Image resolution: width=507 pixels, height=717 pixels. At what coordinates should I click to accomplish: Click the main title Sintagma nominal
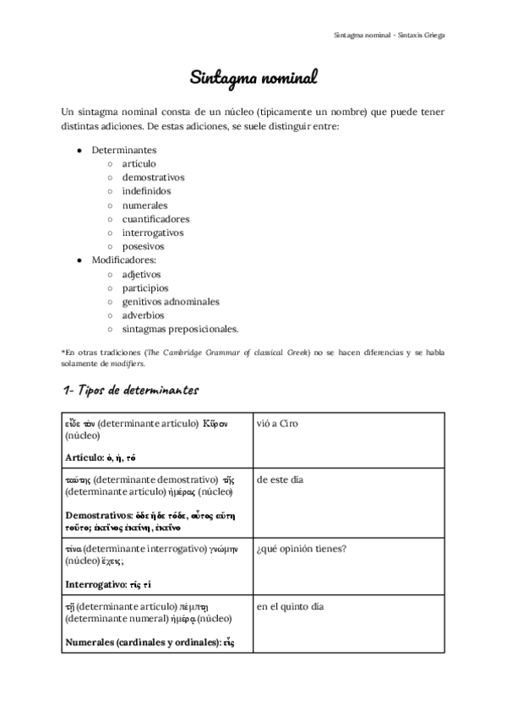tap(253, 79)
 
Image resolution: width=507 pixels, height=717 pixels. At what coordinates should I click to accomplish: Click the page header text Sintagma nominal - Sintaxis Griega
tap(390, 36)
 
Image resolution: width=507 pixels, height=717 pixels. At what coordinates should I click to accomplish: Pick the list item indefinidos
tap(145, 191)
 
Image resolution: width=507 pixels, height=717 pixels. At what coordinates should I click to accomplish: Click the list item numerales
tap(144, 205)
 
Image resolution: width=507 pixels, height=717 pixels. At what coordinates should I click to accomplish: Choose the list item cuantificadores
tap(155, 219)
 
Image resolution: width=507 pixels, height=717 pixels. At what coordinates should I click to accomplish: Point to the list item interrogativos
tap(152, 233)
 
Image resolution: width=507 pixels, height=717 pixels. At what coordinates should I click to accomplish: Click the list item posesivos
tap(142, 247)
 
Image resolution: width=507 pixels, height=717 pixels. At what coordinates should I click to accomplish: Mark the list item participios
tap(144, 288)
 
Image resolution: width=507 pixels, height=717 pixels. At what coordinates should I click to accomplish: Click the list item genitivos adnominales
tap(170, 302)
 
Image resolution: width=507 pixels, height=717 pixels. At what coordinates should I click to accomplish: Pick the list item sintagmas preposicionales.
tap(180, 329)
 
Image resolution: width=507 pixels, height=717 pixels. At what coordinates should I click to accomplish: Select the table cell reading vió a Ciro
tap(277, 424)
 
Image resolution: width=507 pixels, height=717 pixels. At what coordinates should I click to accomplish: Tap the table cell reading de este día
tap(280, 480)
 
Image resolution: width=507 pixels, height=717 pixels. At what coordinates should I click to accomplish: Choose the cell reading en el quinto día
tap(290, 607)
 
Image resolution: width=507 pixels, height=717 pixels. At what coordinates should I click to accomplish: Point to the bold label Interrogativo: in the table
tap(95, 584)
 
